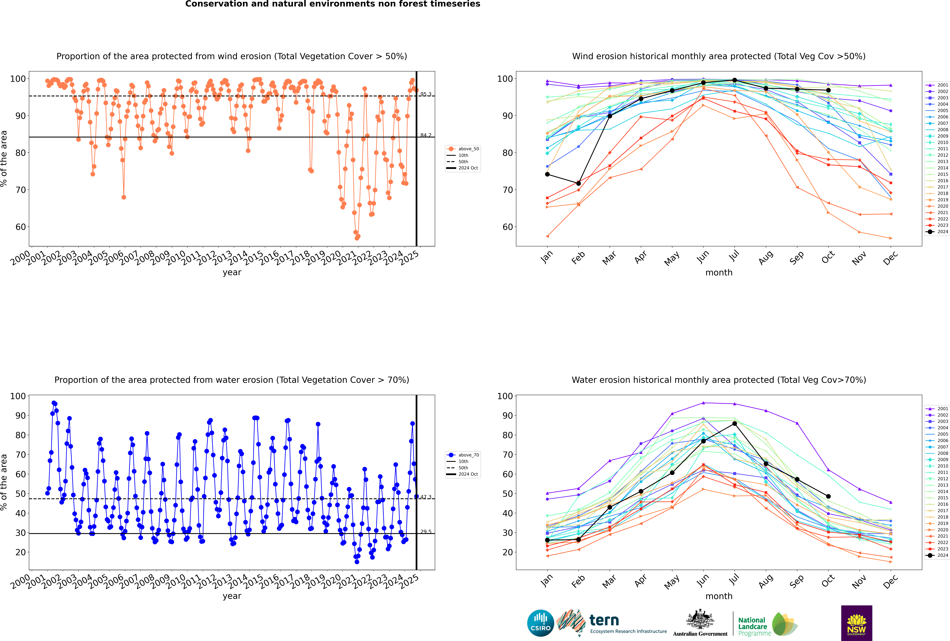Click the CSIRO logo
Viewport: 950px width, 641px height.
pos(540,623)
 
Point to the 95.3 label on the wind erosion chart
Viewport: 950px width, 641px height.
pos(426,94)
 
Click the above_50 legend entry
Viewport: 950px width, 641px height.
pos(463,149)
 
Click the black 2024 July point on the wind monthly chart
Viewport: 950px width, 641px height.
pos(734,80)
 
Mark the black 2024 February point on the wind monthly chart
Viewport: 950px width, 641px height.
pos(578,183)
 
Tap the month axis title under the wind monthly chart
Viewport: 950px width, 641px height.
pos(719,273)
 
